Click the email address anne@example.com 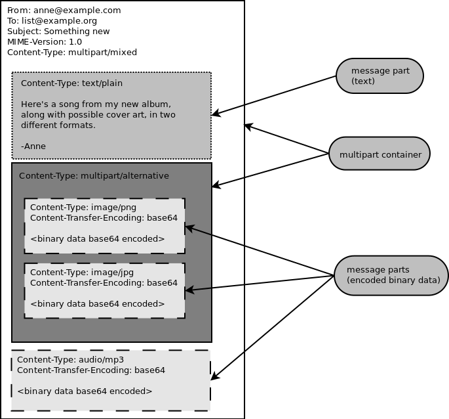pos(77,11)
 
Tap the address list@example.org pos(59,21)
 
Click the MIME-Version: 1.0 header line pos(45,42)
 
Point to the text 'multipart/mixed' pos(102,53)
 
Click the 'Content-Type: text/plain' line pos(71,83)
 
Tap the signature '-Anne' pos(33,146)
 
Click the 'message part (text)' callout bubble pos(380,76)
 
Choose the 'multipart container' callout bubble pos(380,154)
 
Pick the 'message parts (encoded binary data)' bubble pos(391,276)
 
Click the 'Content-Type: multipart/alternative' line pos(94,176)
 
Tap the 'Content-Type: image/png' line pos(83,208)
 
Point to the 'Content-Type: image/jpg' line pos(82,273)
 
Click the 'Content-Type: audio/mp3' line pos(70,360)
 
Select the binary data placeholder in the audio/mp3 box pos(85,391)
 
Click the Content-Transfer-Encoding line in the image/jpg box pos(104,283)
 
